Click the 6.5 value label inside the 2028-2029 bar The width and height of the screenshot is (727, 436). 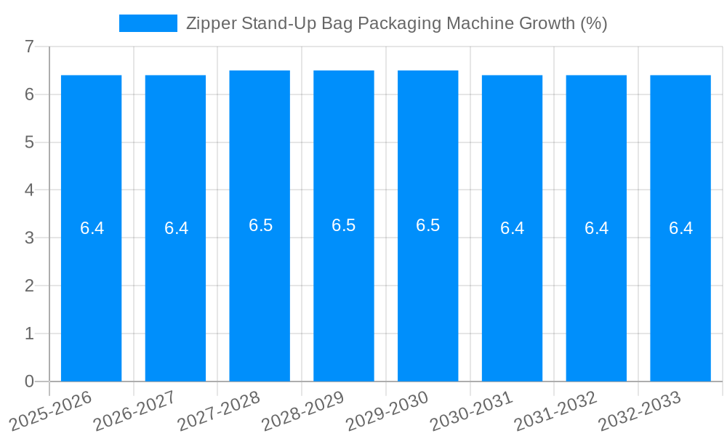pyautogui.click(x=344, y=225)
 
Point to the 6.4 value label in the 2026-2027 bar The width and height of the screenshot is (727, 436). pyautogui.click(x=176, y=228)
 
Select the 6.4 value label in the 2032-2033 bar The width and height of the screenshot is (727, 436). pyautogui.click(x=680, y=228)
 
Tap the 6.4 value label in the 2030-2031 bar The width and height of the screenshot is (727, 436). pyautogui.click(x=512, y=228)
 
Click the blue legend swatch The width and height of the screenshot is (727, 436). pyautogui.click(x=148, y=23)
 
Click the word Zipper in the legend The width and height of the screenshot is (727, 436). pyautogui.click(x=207, y=23)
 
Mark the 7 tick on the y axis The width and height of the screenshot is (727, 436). pyautogui.click(x=29, y=47)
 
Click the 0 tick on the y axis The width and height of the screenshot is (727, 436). pyautogui.click(x=29, y=381)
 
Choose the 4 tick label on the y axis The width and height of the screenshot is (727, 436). pyautogui.click(x=29, y=190)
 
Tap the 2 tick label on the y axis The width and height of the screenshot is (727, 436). pyautogui.click(x=29, y=286)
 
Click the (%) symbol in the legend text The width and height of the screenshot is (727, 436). pyautogui.click(x=593, y=23)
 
